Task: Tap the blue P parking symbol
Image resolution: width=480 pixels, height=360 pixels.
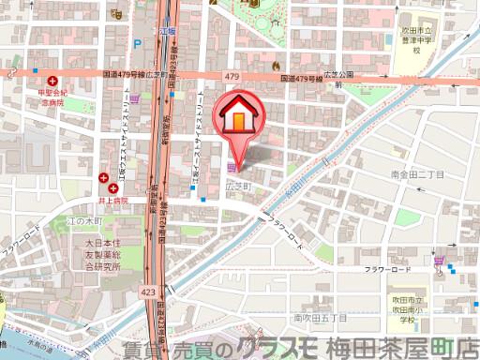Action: point(138,43)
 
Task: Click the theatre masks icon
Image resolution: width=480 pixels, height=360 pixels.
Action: point(115,15)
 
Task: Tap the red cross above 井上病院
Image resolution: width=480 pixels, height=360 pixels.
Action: point(100,175)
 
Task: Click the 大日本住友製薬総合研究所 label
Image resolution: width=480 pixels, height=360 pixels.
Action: point(99,254)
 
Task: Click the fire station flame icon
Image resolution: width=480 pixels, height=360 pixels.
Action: point(275,66)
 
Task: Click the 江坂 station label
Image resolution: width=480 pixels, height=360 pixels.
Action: point(170,31)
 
